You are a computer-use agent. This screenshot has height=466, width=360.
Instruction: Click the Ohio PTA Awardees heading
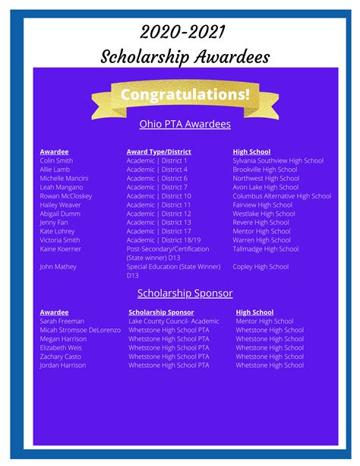(x=185, y=124)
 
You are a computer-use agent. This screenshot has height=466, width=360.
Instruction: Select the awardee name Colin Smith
(x=56, y=160)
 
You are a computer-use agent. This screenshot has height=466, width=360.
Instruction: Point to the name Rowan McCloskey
(x=66, y=196)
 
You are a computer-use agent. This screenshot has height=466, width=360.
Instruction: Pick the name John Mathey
(x=58, y=267)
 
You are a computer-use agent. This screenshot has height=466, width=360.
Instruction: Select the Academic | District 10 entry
(x=159, y=196)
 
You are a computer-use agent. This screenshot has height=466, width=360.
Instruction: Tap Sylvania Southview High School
(x=278, y=160)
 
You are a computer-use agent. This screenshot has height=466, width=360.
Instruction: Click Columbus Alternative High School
(x=282, y=196)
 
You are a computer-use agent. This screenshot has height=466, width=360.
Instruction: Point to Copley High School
(x=261, y=267)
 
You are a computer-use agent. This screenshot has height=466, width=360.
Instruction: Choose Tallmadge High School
(x=266, y=249)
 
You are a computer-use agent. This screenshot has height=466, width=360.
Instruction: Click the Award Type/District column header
(x=158, y=151)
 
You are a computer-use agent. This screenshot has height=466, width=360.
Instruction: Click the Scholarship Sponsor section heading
(x=185, y=293)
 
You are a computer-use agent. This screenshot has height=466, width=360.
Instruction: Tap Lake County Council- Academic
(x=173, y=322)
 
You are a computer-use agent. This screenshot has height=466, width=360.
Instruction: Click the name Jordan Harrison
(x=62, y=366)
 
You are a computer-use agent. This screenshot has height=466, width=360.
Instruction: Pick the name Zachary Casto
(x=60, y=357)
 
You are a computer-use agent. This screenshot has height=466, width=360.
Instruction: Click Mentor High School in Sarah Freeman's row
(x=264, y=322)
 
